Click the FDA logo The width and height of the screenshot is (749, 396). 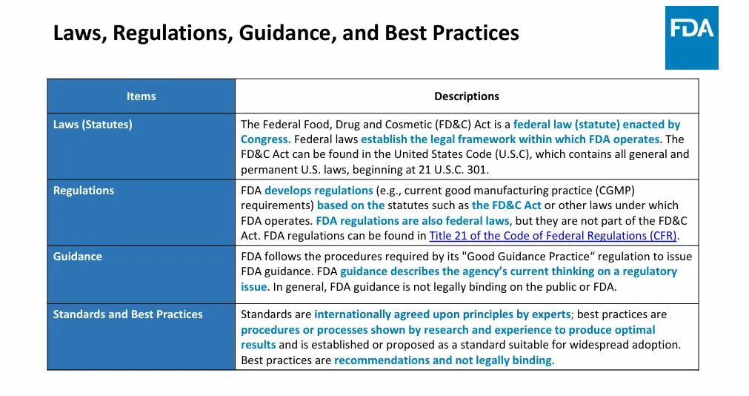coord(691,38)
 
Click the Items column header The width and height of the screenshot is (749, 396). coord(141,96)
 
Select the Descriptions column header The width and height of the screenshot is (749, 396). coord(466,96)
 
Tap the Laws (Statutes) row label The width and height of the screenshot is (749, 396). coord(93,125)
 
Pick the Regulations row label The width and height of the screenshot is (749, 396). coord(84,191)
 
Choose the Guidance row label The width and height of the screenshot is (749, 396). coord(77,257)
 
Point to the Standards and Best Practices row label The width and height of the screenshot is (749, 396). coord(127,314)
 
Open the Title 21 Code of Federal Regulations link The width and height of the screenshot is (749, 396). coord(553,236)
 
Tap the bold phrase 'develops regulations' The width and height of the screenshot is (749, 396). coord(319,191)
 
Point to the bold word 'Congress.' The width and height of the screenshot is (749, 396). coord(265,139)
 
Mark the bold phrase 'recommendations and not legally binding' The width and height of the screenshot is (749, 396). coord(443,360)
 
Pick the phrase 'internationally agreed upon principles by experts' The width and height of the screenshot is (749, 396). coord(442,314)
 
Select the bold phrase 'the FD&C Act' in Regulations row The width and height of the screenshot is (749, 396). coord(507,205)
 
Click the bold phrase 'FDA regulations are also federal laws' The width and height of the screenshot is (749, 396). coord(413,221)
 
